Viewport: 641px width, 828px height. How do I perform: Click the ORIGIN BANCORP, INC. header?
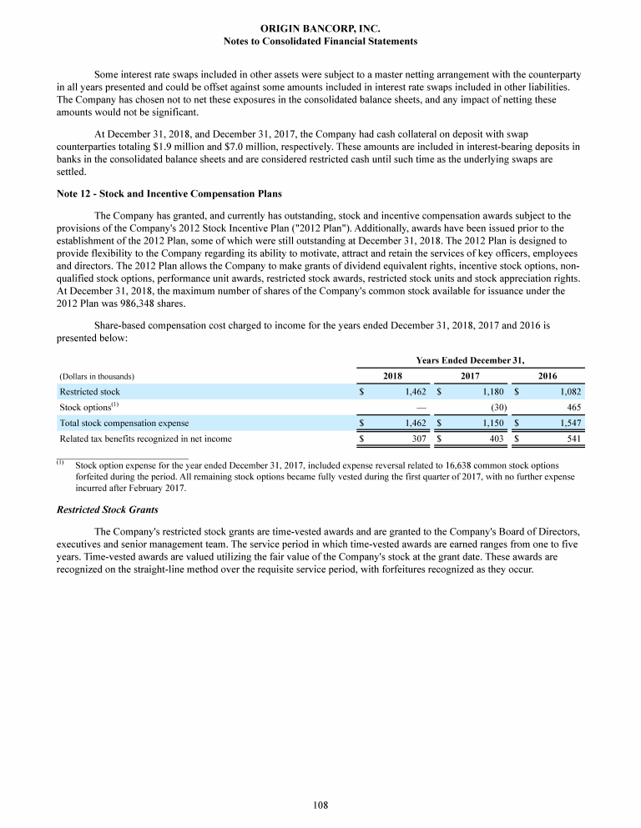pyautogui.click(x=320, y=28)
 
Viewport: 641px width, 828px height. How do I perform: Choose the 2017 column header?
pyautogui.click(x=471, y=376)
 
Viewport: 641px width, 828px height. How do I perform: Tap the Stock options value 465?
pyautogui.click(x=572, y=407)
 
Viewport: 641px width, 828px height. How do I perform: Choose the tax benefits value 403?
pyautogui.click(x=495, y=438)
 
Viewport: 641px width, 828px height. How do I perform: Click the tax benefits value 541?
pyautogui.click(x=572, y=438)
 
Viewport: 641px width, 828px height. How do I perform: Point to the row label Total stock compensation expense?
pyautogui.click(x=124, y=423)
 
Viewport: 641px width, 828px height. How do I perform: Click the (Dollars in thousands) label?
pyautogui.click(x=98, y=377)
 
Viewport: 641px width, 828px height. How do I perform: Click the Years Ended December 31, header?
pyautogui.click(x=470, y=360)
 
